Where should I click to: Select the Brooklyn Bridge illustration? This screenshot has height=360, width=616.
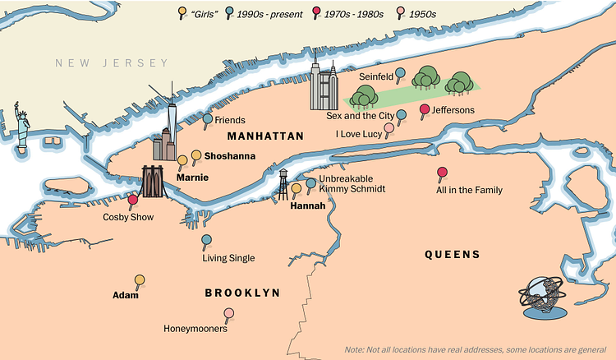tap(154, 181)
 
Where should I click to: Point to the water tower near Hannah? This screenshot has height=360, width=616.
tap(283, 182)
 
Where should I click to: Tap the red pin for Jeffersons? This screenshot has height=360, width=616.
tap(425, 110)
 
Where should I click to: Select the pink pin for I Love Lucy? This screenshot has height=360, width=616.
tap(389, 129)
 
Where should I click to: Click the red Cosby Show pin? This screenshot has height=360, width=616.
tap(133, 200)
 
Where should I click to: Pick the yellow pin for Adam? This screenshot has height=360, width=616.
tap(140, 280)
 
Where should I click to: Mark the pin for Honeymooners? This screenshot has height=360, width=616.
tap(229, 313)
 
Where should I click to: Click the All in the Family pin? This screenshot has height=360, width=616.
tap(443, 173)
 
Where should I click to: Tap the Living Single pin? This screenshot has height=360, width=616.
tap(207, 241)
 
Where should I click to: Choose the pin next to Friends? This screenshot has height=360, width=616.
tap(208, 119)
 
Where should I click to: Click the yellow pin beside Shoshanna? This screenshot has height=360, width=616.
tap(196, 155)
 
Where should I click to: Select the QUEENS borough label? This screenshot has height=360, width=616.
tap(452, 255)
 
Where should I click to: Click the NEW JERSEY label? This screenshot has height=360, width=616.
tap(112, 63)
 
